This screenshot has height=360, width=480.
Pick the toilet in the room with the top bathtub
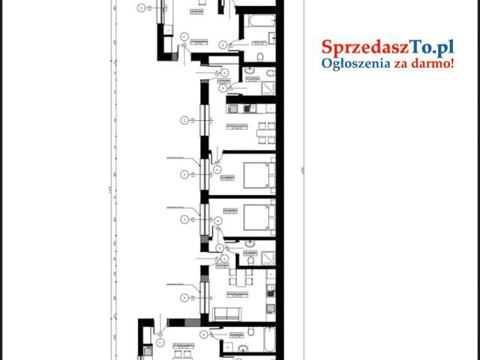pyautogui.click(x=259, y=58)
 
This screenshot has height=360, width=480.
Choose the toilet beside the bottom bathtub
pyautogui.click(x=253, y=331)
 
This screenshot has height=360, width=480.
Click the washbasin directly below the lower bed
pyautogui.click(x=248, y=242)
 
